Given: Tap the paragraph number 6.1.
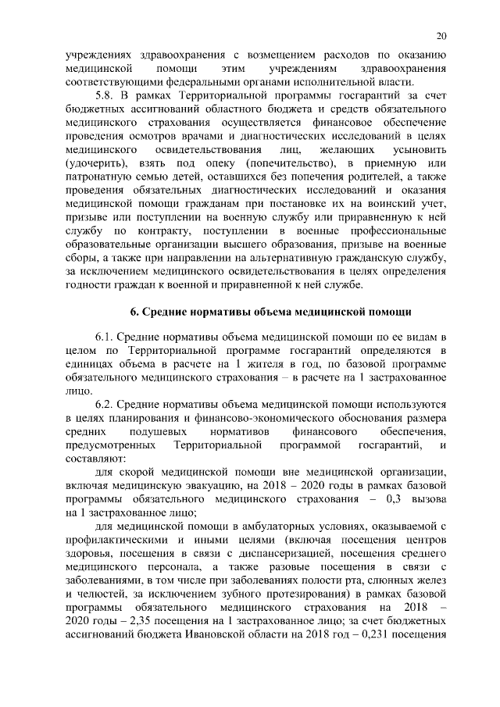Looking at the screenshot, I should [x=105, y=336].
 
